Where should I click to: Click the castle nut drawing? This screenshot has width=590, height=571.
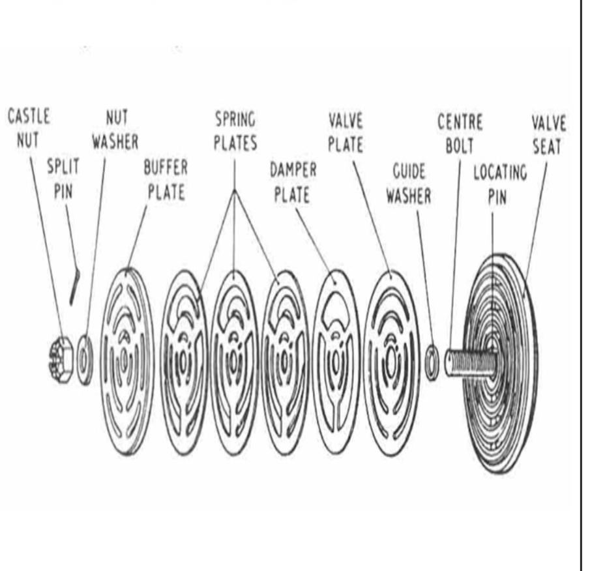pyautogui.click(x=61, y=360)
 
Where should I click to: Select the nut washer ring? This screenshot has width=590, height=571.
pyautogui.click(x=85, y=360)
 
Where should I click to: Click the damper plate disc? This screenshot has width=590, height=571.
pyautogui.click(x=336, y=362)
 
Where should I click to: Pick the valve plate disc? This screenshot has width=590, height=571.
pyautogui.click(x=391, y=363)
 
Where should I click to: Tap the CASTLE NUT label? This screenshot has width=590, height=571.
pyautogui.click(x=29, y=128)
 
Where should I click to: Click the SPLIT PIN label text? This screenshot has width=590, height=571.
pyautogui.click(x=63, y=179)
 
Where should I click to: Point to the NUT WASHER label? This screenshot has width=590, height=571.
pyautogui.click(x=115, y=130)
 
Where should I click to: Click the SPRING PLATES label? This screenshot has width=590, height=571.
pyautogui.click(x=235, y=131)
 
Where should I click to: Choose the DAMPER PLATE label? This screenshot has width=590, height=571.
pyautogui.click(x=293, y=183)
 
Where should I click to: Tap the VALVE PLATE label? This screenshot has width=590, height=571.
pyautogui.click(x=346, y=132)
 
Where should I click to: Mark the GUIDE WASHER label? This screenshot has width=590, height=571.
pyautogui.click(x=409, y=184)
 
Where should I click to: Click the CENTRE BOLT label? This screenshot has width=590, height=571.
pyautogui.click(x=460, y=134)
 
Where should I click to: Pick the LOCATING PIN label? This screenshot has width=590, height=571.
pyautogui.click(x=499, y=184)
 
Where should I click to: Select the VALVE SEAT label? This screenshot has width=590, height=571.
pyautogui.click(x=549, y=135)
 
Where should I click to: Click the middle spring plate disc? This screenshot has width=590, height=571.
pyautogui.click(x=235, y=362)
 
